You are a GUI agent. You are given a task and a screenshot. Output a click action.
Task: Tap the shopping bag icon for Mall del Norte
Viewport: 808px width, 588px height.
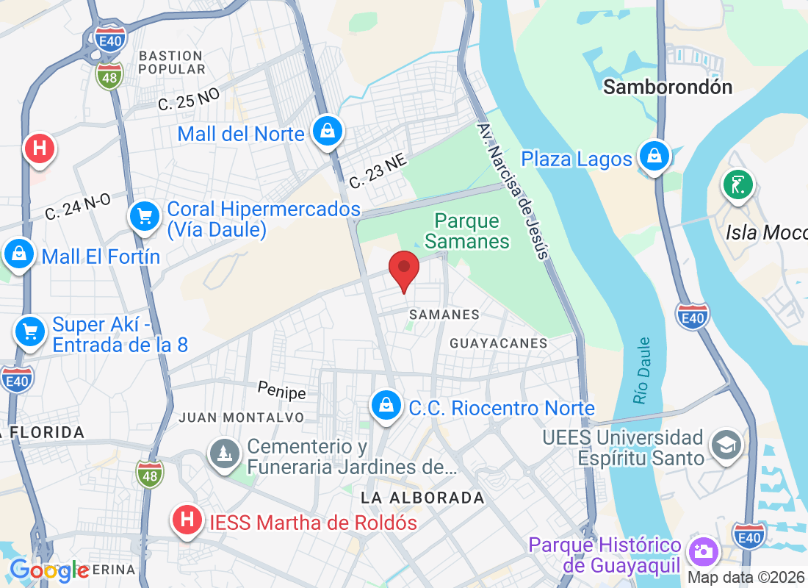pyautogui.click(x=324, y=132)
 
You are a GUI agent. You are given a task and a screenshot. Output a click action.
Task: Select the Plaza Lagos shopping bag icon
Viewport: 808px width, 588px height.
pyautogui.click(x=652, y=157)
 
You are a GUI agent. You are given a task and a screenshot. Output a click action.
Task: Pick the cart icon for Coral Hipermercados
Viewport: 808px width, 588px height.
pyautogui.click(x=145, y=216)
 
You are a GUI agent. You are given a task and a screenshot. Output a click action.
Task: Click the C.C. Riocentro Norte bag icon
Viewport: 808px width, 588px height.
pyautogui.click(x=385, y=406)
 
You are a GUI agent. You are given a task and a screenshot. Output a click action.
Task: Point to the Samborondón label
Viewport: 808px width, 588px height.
pyautogui.click(x=668, y=87)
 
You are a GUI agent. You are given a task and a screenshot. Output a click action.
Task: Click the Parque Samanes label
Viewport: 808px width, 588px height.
pyautogui.click(x=467, y=231)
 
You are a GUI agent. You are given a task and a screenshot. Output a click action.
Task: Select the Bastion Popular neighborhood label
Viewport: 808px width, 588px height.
pyautogui.click(x=171, y=62)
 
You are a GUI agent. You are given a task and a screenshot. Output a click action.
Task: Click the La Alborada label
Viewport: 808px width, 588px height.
pyautogui.click(x=422, y=498)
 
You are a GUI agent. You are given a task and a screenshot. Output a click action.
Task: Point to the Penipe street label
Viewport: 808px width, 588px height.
pyautogui.click(x=281, y=390)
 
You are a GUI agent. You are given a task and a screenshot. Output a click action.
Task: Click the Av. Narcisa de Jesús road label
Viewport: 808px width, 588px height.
pyautogui.click(x=513, y=190)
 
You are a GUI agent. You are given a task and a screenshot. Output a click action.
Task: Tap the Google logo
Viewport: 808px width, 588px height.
pyautogui.click(x=49, y=570)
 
